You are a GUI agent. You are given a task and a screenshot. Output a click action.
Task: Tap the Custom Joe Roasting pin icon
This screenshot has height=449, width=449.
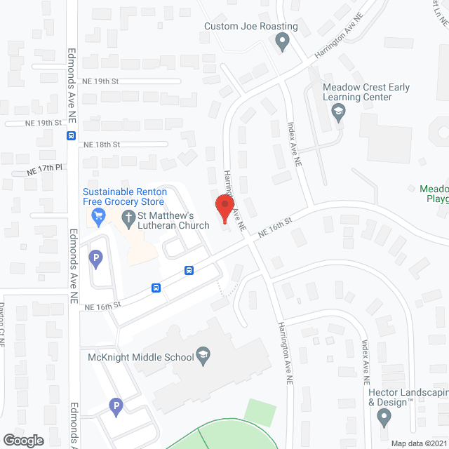click(x=283, y=43)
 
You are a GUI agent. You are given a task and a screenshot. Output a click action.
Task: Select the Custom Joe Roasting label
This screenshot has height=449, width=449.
click(x=250, y=27)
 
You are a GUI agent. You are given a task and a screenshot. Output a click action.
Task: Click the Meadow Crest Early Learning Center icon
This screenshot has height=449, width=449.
click(x=339, y=112)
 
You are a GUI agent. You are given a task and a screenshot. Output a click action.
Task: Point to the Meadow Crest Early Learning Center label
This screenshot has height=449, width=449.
click(x=366, y=93)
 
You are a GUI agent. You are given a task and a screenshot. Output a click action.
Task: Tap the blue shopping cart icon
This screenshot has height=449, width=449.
click(x=99, y=215)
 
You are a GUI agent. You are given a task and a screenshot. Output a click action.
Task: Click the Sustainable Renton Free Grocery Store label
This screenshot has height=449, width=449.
click(x=125, y=197)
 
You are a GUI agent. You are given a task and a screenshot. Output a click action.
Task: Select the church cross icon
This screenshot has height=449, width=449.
click(x=129, y=216)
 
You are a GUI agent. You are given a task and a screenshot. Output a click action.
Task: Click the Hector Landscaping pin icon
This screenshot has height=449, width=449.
click(x=383, y=418)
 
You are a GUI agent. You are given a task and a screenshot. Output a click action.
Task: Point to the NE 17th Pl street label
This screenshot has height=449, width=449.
click(x=45, y=170)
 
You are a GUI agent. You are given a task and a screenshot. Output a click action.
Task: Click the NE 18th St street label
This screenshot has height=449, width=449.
click(x=102, y=145)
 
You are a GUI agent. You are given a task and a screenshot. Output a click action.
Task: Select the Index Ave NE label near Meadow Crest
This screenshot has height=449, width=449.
click(x=295, y=145)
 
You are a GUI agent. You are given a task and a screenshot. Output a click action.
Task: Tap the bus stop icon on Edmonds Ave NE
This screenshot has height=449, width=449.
click(x=72, y=136)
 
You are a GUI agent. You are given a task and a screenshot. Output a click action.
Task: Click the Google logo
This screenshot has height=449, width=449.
click(x=22, y=440)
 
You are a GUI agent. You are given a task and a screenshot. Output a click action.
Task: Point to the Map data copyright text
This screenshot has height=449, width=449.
click(x=417, y=443)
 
